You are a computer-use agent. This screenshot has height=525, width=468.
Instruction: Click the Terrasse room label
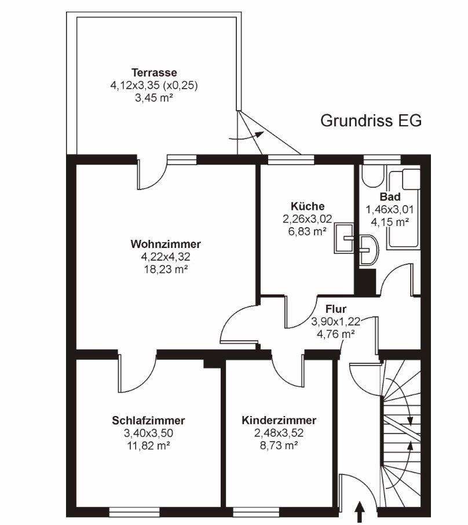tap(154, 72)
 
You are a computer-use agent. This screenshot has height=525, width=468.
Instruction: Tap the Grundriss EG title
tap(371, 121)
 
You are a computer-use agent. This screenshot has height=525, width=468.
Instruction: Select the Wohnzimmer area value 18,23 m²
tap(166, 269)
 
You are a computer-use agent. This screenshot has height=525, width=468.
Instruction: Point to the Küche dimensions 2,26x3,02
tap(308, 219)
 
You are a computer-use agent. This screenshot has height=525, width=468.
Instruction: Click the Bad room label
tap(390, 196)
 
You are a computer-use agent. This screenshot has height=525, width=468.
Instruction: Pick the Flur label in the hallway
tap(336, 309)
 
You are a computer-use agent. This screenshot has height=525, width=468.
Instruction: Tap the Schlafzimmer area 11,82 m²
tap(148, 446)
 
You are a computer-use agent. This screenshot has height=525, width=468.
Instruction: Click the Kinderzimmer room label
tap(279, 421)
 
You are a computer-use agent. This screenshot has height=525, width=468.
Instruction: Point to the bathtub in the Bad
tap(403, 209)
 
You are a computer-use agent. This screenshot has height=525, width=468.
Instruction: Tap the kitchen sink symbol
tap(343, 238)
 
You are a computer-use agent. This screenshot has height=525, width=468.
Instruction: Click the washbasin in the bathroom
tap(369, 250)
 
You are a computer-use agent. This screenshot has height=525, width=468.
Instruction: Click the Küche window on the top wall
tap(291, 160)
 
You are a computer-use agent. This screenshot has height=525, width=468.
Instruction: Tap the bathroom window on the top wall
tap(382, 160)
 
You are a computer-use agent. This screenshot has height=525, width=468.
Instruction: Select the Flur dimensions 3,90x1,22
tap(336, 322)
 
